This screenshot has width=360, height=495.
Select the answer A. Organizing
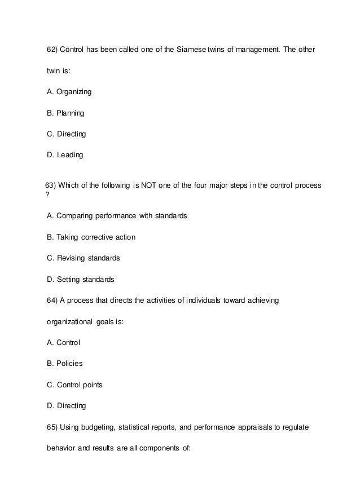(69, 92)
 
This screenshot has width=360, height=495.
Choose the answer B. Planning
(65, 113)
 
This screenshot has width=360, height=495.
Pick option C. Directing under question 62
(67, 134)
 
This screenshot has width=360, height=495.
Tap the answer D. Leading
(65, 155)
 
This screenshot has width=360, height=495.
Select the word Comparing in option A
(76, 216)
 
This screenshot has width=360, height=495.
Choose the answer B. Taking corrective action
(91, 237)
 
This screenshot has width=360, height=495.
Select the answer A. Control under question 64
(63, 342)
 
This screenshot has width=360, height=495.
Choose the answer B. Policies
(64, 364)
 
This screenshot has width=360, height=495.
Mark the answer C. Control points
(74, 384)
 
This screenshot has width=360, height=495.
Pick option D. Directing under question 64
(67, 405)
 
